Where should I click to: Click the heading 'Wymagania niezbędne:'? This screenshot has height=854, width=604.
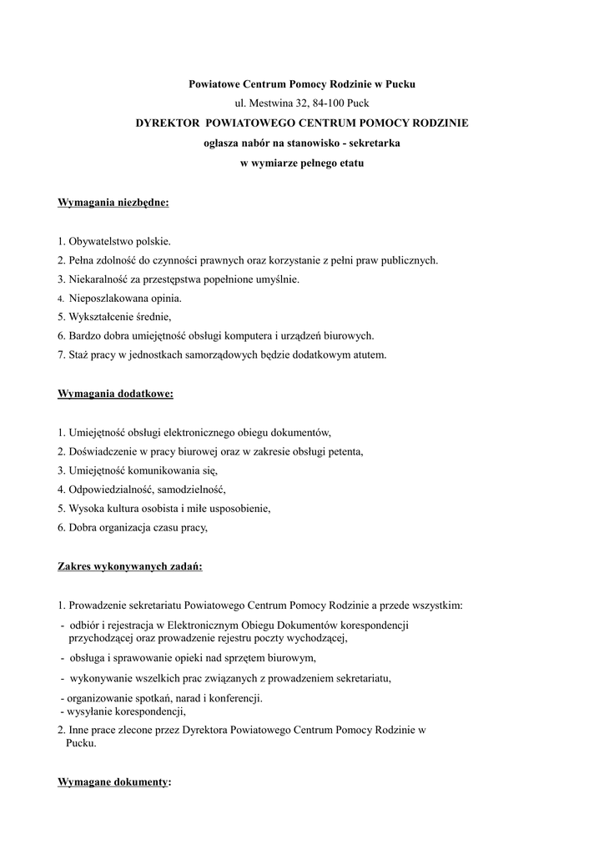113,203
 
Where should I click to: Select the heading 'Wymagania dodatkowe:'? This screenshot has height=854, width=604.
115,394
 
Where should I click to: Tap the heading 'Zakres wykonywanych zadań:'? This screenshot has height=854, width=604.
130,566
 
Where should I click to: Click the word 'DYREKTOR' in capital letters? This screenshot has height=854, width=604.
168,123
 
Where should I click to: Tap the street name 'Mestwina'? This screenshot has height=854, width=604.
269,103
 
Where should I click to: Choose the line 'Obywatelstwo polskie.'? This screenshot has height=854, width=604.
114,241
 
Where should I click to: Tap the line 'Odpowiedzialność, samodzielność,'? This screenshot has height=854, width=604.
142,490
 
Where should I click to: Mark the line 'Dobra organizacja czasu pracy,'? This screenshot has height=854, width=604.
133,528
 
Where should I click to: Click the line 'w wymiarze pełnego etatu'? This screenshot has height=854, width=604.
302,163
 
